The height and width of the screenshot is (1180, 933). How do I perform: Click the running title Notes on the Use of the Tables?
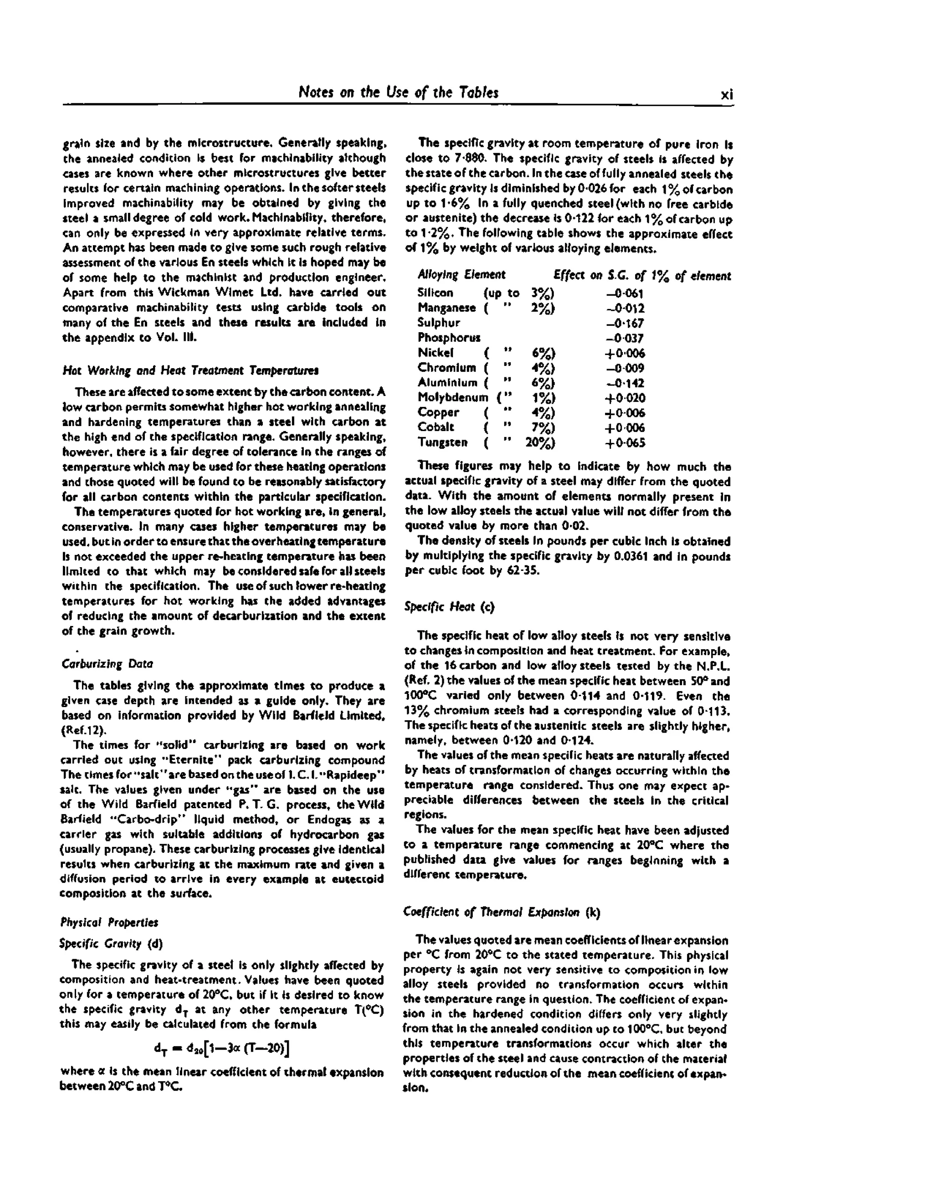398,92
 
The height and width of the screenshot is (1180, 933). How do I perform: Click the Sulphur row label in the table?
439,323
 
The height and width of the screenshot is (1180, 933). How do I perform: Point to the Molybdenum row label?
453,398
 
